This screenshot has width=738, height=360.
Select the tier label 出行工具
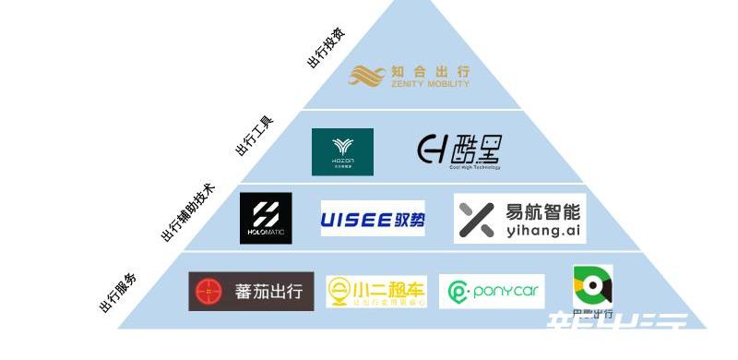tap(254, 135)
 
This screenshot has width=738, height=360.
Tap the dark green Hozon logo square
tap(342, 151)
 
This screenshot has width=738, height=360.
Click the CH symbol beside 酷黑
tap(434, 149)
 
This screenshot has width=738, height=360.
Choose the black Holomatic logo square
tap(266, 219)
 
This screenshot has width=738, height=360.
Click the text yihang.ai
tap(543, 230)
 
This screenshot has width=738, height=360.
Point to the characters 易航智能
tap(544, 210)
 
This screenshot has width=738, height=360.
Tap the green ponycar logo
tap(493, 293)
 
